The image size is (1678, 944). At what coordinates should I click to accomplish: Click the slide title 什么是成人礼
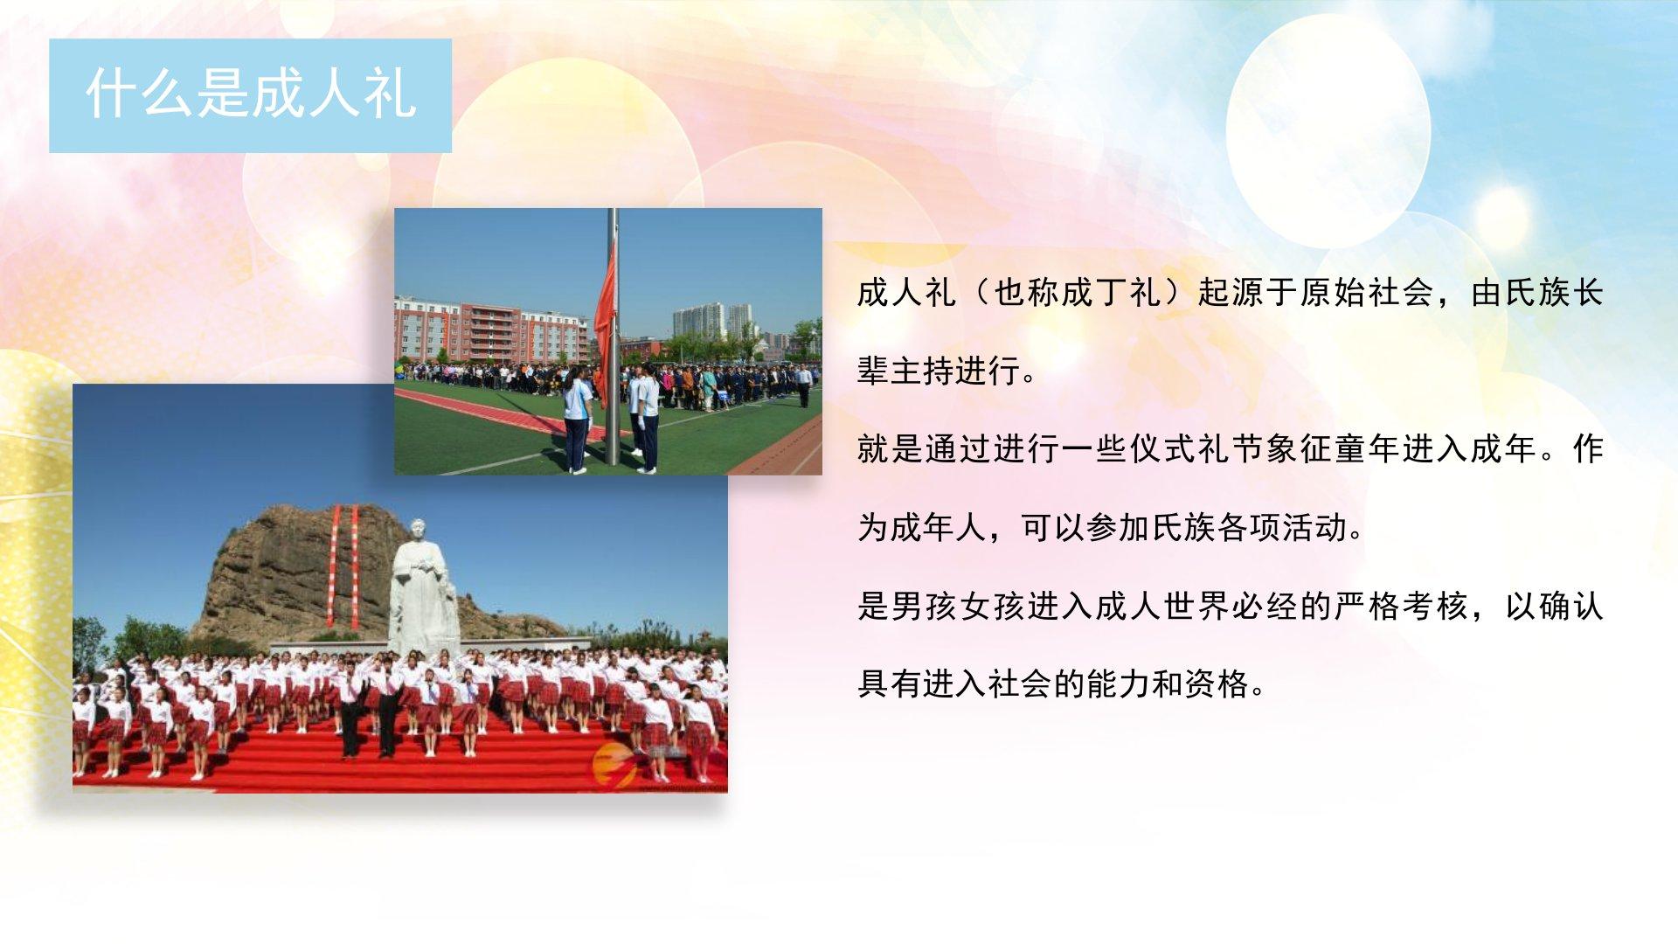click(251, 94)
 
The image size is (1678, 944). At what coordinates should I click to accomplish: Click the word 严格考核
click(1401, 606)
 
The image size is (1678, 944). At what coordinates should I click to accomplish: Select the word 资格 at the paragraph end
click(1217, 684)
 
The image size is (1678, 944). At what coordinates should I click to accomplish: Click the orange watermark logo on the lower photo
click(614, 766)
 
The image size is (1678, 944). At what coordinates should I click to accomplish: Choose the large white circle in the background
click(1328, 131)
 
